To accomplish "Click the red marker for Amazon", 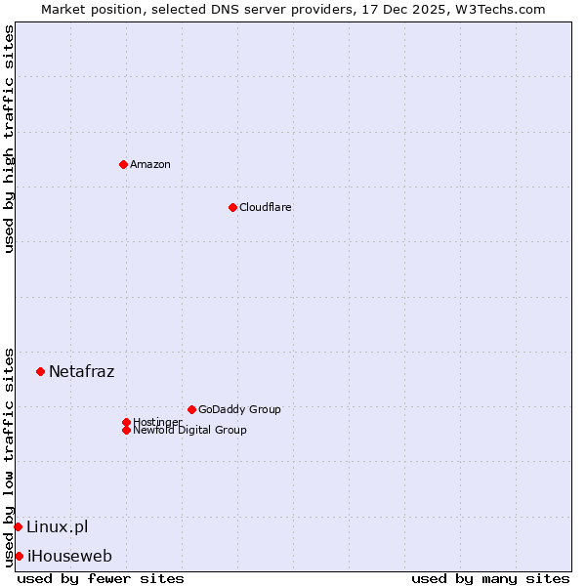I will click(x=123, y=164).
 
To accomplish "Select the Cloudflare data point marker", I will click(x=232, y=207).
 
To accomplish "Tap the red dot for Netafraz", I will click(x=40, y=371).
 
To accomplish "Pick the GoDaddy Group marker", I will click(x=191, y=409).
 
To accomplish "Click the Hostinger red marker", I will click(x=126, y=422).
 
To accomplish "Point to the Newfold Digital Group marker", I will click(x=126, y=430).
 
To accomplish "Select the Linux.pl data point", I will click(x=18, y=526).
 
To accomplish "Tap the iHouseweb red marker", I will click(x=19, y=556).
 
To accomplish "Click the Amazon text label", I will click(x=150, y=164).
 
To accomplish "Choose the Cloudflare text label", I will click(x=265, y=207).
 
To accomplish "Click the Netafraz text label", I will click(x=81, y=371).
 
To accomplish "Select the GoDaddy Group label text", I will click(x=239, y=409).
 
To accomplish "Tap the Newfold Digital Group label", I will click(x=189, y=430).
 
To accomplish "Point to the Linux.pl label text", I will click(x=57, y=526).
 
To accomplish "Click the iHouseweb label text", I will click(x=69, y=556).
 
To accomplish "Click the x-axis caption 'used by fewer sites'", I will click(x=101, y=578).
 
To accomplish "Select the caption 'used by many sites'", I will click(x=490, y=578).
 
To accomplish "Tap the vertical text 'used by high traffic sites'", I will click(x=9, y=139).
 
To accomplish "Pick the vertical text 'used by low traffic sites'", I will click(x=9, y=457).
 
